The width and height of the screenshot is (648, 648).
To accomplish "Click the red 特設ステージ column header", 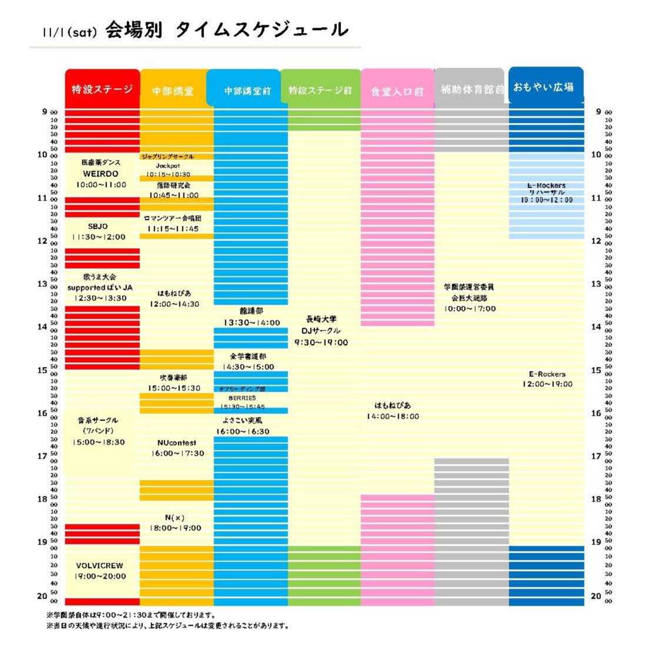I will (x=102, y=89).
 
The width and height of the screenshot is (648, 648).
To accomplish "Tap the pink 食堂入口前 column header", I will (x=397, y=91).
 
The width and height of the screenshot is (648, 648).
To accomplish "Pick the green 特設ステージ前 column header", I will (x=320, y=91).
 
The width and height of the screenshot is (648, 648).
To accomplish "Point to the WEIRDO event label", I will (x=101, y=174).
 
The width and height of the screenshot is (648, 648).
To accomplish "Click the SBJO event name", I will (x=98, y=226).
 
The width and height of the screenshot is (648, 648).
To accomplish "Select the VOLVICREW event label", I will (x=100, y=566).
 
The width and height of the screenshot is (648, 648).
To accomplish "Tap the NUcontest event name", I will (x=177, y=443).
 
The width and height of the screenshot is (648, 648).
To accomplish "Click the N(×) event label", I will (x=175, y=517).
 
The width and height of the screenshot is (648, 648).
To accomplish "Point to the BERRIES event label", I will (x=242, y=398).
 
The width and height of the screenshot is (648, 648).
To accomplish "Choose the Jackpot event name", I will (x=168, y=166).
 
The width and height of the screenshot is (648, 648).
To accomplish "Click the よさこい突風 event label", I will (x=242, y=420).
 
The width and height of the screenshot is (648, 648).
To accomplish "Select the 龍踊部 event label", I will (x=251, y=311).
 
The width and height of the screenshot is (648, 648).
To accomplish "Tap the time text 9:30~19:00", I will (x=321, y=342).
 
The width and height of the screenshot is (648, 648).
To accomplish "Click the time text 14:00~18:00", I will (x=393, y=416).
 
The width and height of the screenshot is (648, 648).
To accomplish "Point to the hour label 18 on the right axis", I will (x=596, y=499).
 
